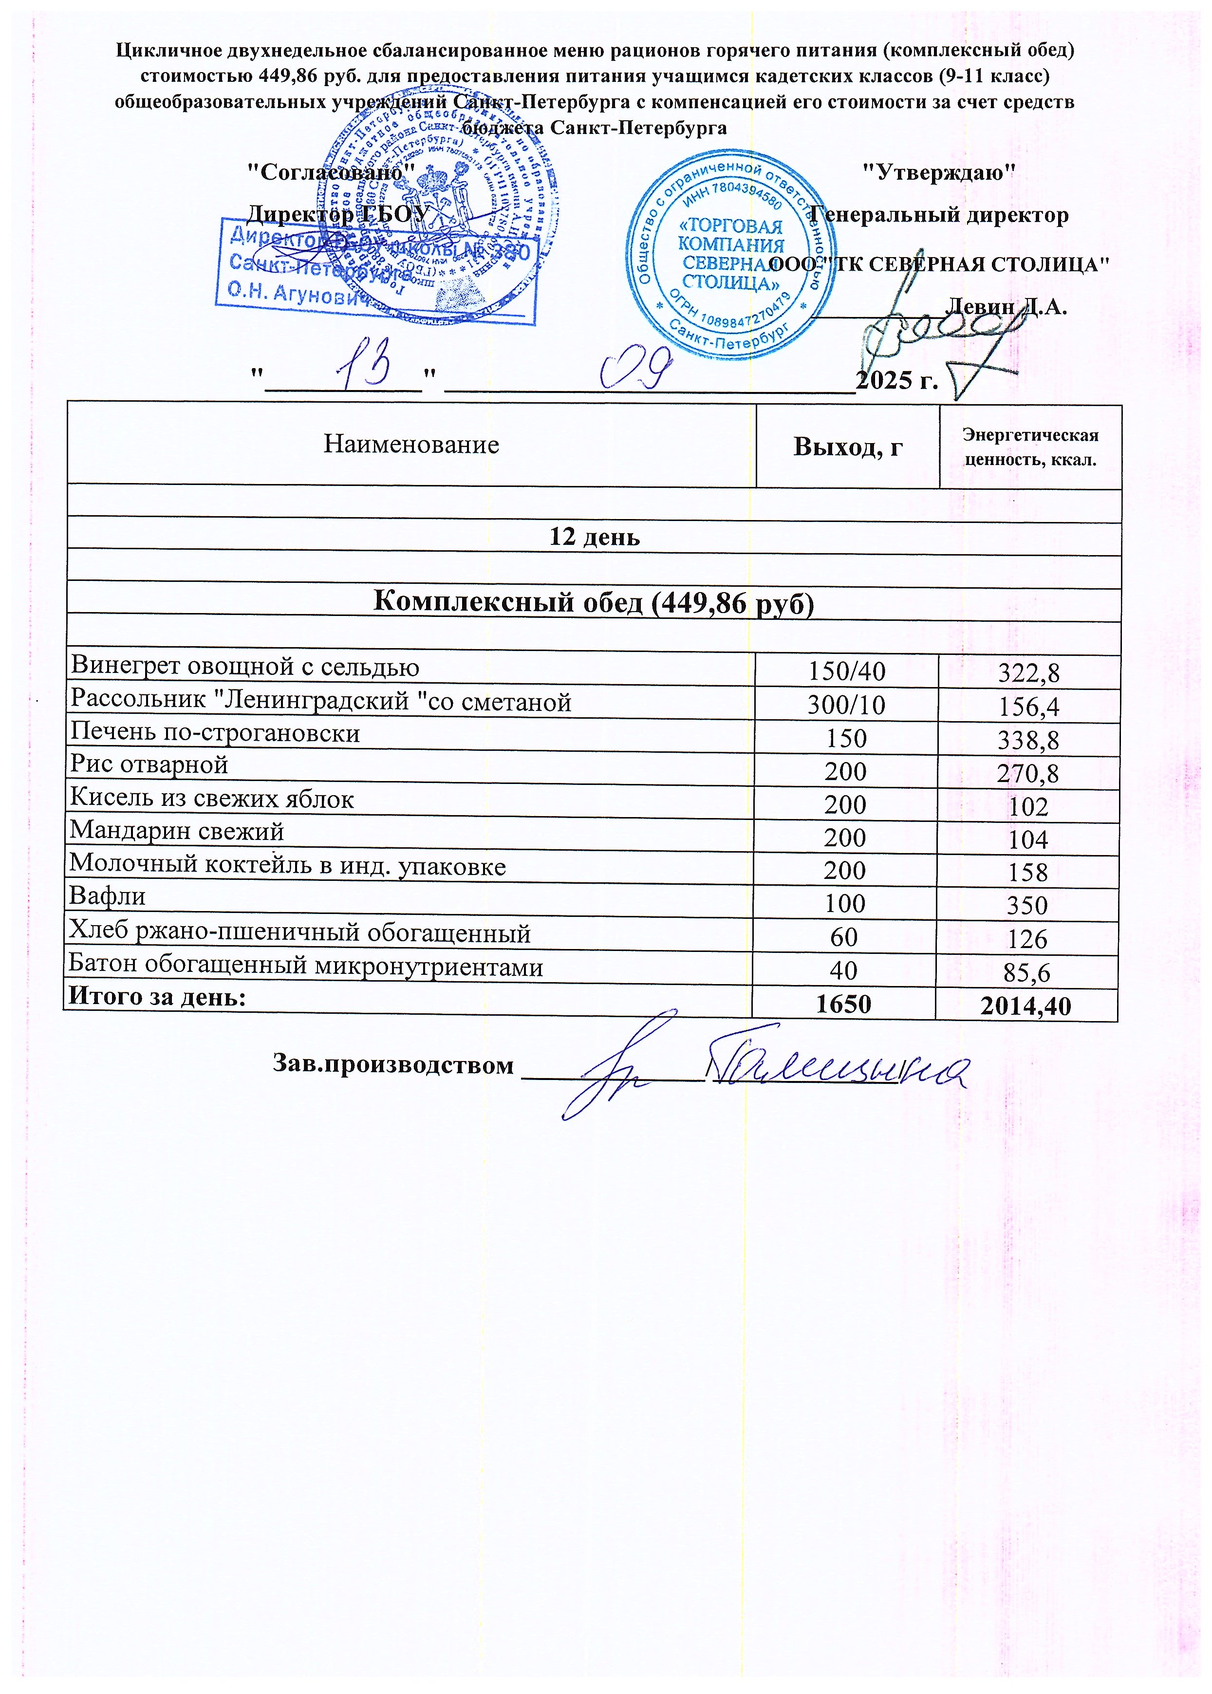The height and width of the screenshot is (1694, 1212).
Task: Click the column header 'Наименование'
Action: (411, 445)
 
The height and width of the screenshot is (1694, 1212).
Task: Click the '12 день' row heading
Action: (594, 537)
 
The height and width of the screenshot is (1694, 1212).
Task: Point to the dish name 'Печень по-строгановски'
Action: (215, 734)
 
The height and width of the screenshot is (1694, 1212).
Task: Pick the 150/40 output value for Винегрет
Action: (846, 671)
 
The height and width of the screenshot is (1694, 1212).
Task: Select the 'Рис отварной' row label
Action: (149, 765)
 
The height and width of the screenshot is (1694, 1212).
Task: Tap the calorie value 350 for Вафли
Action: (1027, 905)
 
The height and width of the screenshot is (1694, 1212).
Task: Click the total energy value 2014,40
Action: (1026, 1006)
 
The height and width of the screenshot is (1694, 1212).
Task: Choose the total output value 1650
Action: (843, 1004)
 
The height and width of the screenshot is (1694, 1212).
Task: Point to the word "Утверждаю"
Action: (938, 172)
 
